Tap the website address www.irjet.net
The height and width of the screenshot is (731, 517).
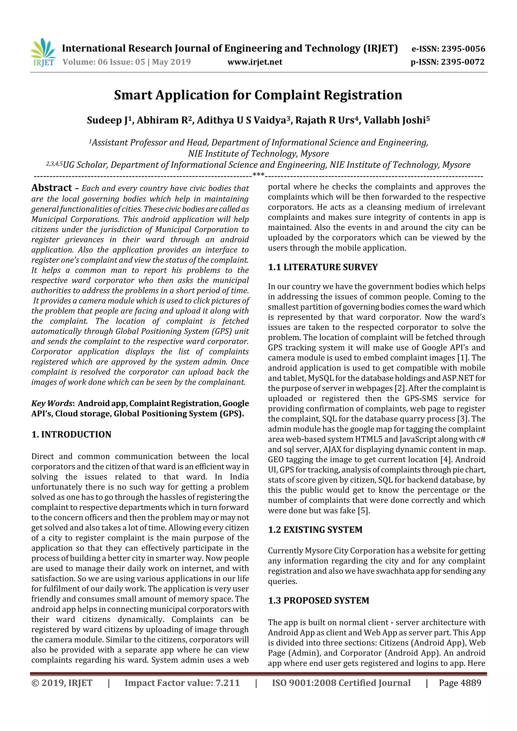point(254,62)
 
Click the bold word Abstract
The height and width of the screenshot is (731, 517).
point(51,188)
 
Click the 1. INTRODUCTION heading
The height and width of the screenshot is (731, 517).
point(71,435)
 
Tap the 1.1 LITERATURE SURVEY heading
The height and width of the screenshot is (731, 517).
point(323,267)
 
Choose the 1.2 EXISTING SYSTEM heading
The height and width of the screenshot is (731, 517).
point(315,530)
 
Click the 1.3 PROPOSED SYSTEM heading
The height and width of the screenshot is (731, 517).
point(318,601)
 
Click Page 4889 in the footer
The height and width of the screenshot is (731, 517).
point(460,683)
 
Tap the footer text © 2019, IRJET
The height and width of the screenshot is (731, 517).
point(62,683)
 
